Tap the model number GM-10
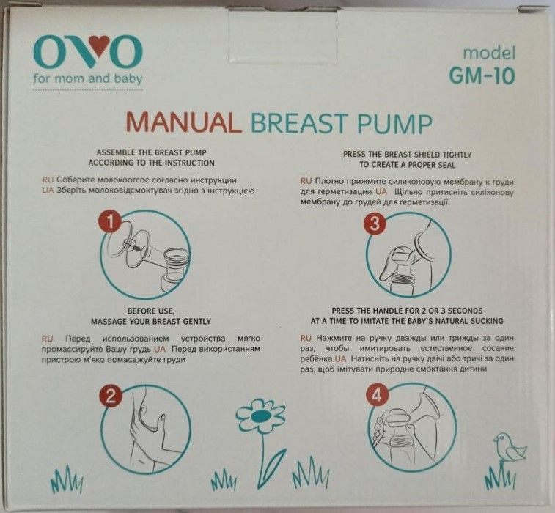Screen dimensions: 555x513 point(482,75)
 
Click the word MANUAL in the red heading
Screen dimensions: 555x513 point(184,122)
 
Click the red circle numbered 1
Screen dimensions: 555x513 point(111,222)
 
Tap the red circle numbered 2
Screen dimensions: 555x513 point(111,396)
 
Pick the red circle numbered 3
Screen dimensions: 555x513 point(375,224)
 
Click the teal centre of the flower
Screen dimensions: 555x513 point(261,416)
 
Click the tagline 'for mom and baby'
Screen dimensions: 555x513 point(88,78)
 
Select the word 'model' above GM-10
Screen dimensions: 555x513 point(489,53)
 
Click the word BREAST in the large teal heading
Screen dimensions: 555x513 point(298,123)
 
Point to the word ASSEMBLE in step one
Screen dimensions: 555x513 point(111,153)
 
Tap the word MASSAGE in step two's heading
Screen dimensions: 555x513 point(106,322)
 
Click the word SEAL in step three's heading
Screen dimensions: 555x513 point(447,165)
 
